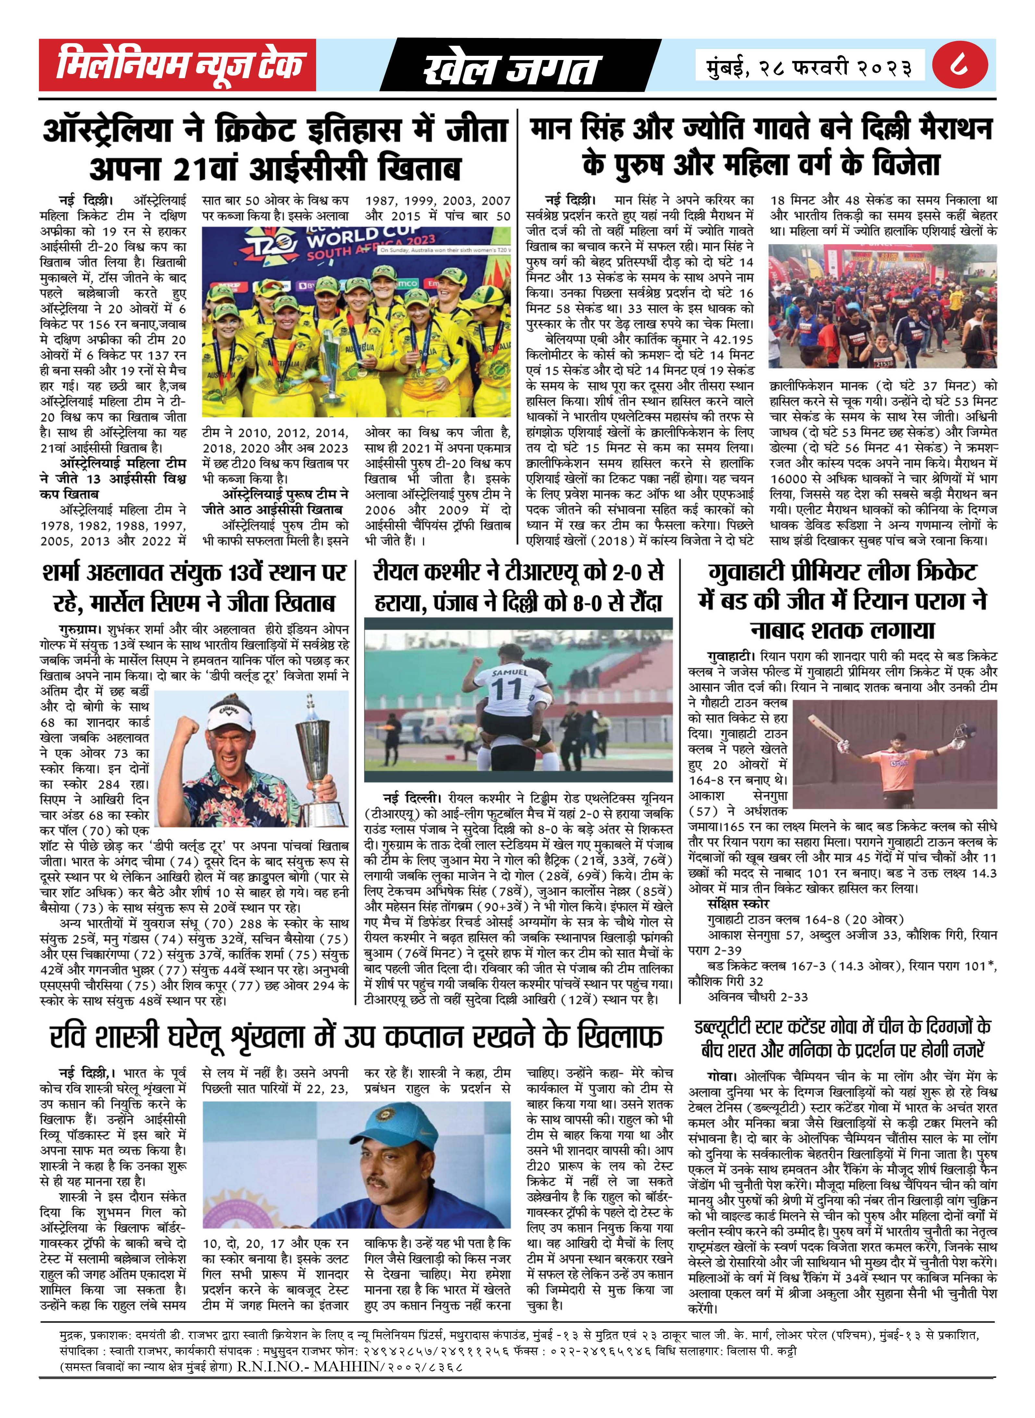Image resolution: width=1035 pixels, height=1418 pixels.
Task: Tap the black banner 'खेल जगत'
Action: tap(511, 68)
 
